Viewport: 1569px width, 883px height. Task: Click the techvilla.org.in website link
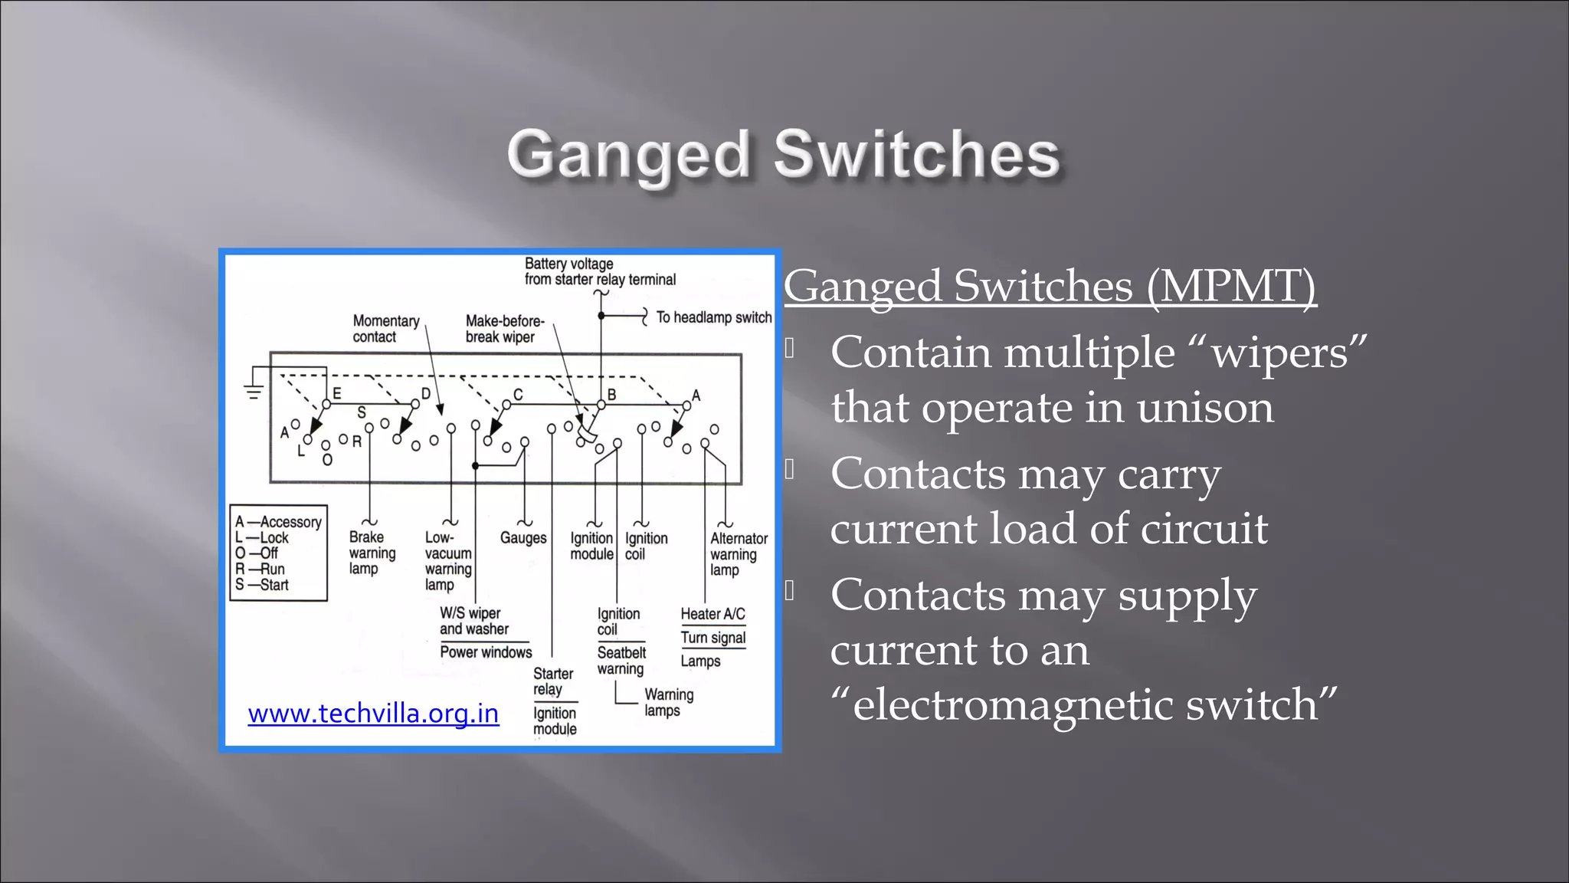tap(373, 714)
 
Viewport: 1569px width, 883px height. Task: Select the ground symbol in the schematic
tap(254, 392)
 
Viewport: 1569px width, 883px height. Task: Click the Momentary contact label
tap(385, 329)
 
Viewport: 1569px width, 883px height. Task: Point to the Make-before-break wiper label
tap(504, 329)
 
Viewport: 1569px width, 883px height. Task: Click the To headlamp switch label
tap(713, 317)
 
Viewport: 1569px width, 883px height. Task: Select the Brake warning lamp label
tap(372, 553)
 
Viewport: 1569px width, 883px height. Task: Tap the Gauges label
tap(523, 538)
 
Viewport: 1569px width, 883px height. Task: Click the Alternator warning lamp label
tap(738, 554)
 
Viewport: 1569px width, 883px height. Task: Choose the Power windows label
tap(486, 652)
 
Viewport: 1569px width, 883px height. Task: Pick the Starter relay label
tap(553, 681)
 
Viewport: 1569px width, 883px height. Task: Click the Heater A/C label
tap(712, 614)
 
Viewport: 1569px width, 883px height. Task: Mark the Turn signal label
tap(712, 638)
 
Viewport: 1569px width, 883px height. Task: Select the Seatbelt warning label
tap(621, 661)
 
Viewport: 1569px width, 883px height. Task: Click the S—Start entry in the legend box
tap(262, 585)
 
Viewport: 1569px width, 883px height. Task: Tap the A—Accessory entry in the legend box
tap(278, 522)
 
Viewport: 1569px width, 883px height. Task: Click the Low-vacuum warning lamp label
tap(447, 561)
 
